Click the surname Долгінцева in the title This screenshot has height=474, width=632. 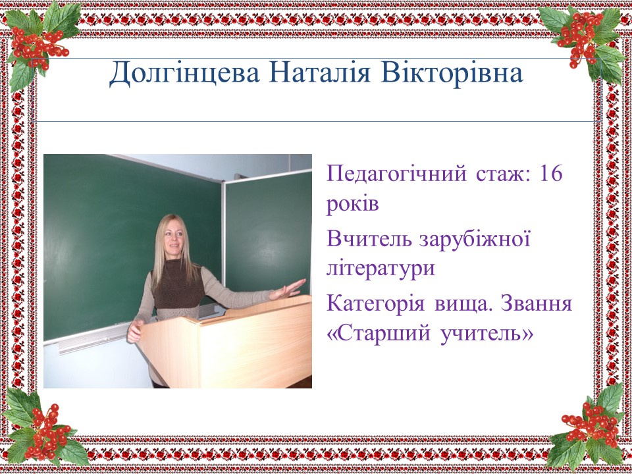click(x=184, y=74)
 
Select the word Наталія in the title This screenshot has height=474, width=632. click(x=320, y=72)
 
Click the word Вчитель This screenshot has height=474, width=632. click(x=369, y=238)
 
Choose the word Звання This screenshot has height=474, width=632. click(x=537, y=303)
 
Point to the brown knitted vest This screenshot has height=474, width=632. click(x=178, y=284)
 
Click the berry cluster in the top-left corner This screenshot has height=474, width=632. click(x=38, y=45)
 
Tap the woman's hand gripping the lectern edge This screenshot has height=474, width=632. click(x=134, y=331)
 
